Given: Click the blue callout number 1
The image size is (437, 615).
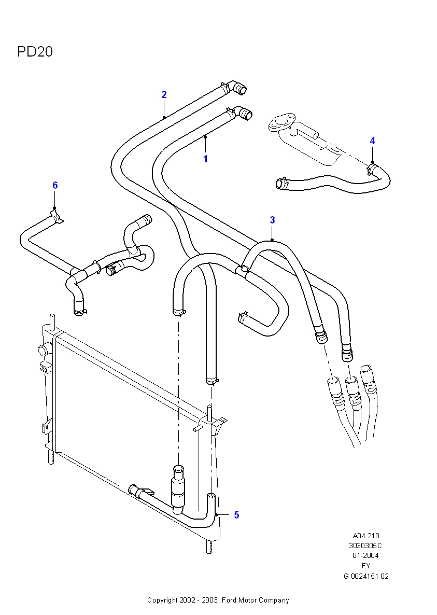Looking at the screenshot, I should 205,159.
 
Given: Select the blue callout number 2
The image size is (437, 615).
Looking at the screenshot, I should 164,94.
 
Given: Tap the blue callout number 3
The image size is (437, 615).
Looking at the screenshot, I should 272,220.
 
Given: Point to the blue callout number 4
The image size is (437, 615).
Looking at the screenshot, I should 372,141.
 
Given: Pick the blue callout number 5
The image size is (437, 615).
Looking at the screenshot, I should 236,515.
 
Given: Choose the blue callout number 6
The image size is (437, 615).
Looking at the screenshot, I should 55,185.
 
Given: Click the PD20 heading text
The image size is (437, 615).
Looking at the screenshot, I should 35,52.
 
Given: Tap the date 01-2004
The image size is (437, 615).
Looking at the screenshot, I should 365,555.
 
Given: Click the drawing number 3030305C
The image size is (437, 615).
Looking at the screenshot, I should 365,546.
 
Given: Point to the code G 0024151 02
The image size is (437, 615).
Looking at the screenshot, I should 365,576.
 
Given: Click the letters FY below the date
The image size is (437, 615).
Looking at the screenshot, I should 365,566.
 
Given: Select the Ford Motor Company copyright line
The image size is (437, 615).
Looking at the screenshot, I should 218,600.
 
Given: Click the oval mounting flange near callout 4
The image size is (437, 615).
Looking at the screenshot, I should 280,122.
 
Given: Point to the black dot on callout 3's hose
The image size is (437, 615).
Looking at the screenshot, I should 272,240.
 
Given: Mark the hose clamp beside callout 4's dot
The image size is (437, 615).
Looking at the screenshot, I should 371,169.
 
